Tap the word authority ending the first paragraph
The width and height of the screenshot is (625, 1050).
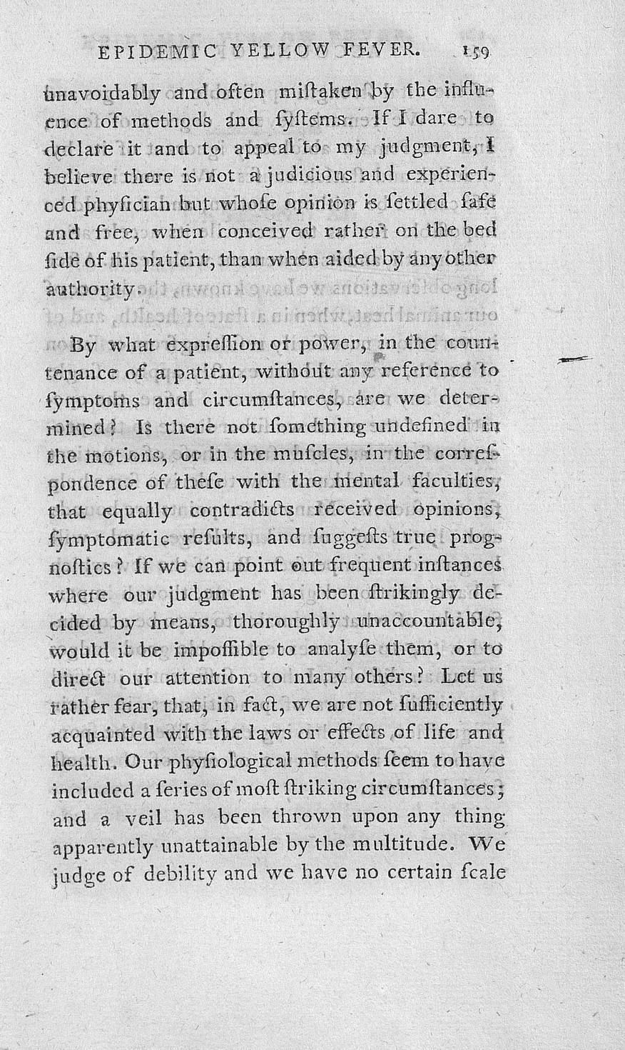pyautogui.click(x=88, y=289)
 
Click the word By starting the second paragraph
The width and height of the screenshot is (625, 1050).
pyautogui.click(x=84, y=346)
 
